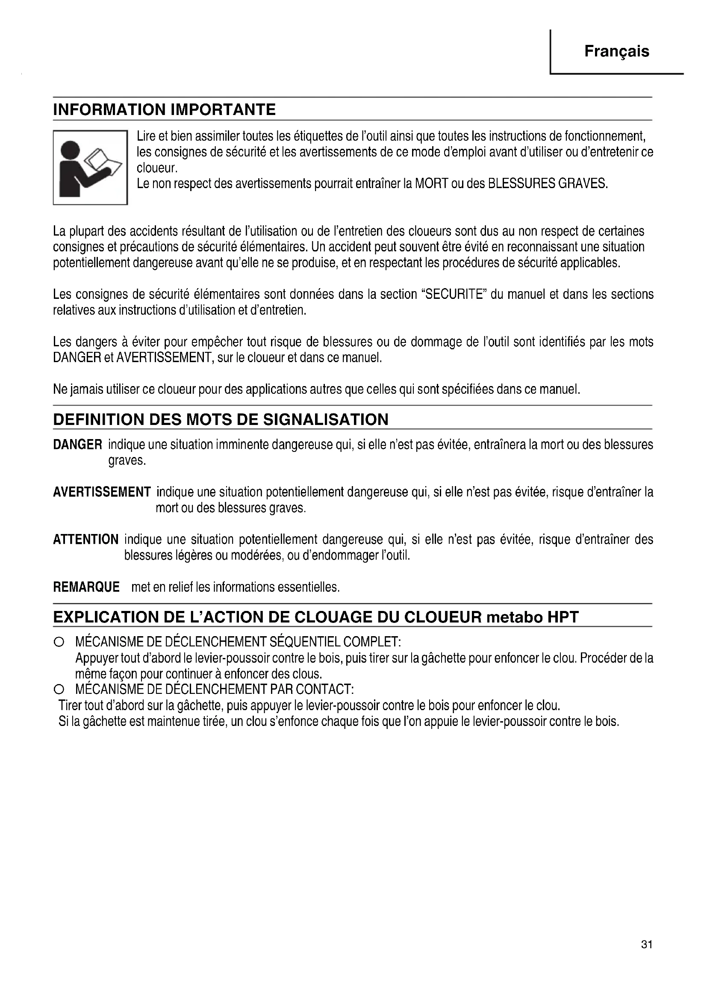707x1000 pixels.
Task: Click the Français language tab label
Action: pyautogui.click(x=616, y=51)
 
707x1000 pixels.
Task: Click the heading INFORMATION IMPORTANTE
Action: pyautogui.click(x=164, y=109)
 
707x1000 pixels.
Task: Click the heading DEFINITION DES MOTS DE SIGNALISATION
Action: pyautogui.click(x=220, y=419)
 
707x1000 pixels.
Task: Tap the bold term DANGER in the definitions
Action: pyautogui.click(x=77, y=445)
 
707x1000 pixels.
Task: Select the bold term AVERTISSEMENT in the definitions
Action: pyautogui.click(x=102, y=492)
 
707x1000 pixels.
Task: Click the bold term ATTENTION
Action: pyautogui.click(x=85, y=540)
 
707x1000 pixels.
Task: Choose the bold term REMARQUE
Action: pyautogui.click(x=86, y=587)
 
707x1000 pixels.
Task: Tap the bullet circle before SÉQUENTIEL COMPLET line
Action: pyautogui.click(x=58, y=642)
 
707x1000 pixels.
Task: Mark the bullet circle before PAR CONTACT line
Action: pyautogui.click(x=58, y=690)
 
